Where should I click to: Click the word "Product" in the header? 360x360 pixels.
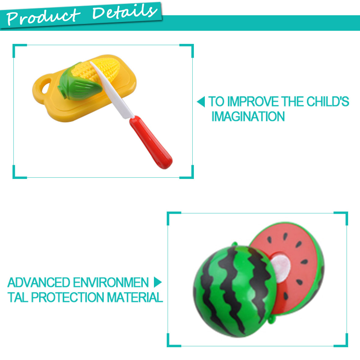click(43, 16)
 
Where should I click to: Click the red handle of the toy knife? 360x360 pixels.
click(151, 142)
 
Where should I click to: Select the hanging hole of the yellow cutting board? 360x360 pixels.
click(46, 85)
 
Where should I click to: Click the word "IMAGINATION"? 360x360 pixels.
click(248, 116)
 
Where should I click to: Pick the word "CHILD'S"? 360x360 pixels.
click(328, 102)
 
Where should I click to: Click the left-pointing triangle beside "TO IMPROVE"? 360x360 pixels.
click(201, 102)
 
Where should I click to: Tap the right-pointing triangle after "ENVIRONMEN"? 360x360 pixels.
click(158, 282)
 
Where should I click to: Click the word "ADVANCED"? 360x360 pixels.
click(39, 282)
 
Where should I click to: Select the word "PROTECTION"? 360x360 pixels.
click(67, 297)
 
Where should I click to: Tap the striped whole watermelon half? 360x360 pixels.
click(234, 292)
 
